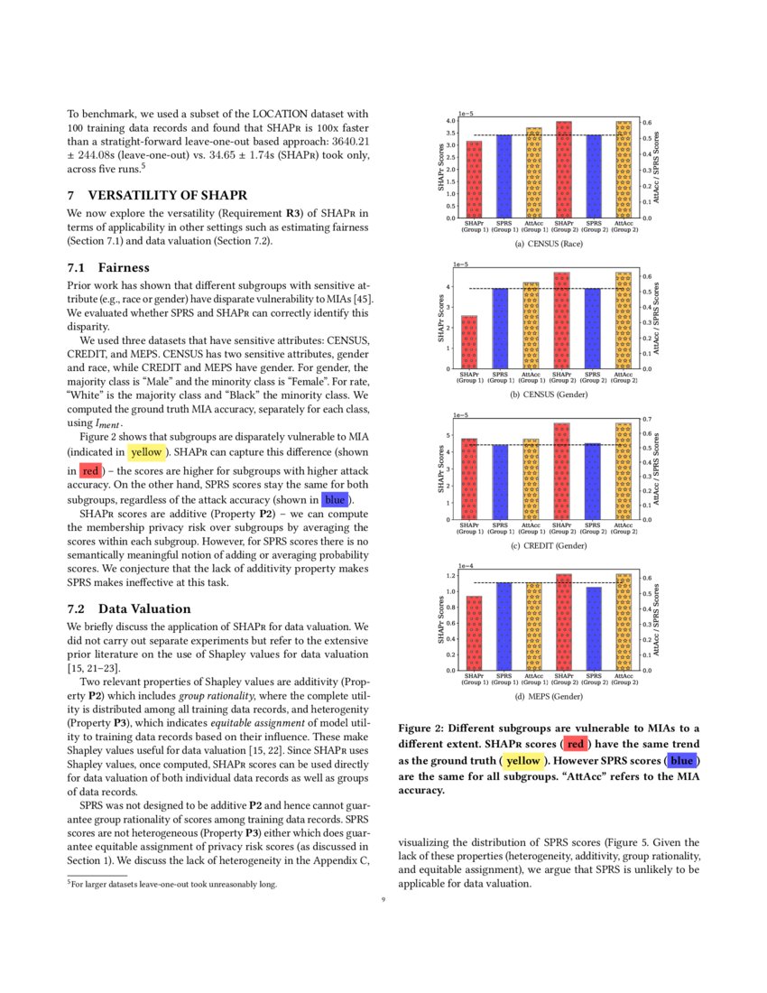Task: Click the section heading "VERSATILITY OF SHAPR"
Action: tap(167, 195)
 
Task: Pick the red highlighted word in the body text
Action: tap(90, 470)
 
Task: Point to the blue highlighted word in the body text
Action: tap(335, 499)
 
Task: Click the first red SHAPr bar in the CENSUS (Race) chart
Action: tap(474, 180)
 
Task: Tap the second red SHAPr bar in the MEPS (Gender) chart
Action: tap(563, 622)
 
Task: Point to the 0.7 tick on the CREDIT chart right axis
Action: tap(646, 420)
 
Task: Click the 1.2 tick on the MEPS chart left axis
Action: tap(450, 575)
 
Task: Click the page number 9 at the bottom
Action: tap(383, 899)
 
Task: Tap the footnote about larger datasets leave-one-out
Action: tap(171, 884)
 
